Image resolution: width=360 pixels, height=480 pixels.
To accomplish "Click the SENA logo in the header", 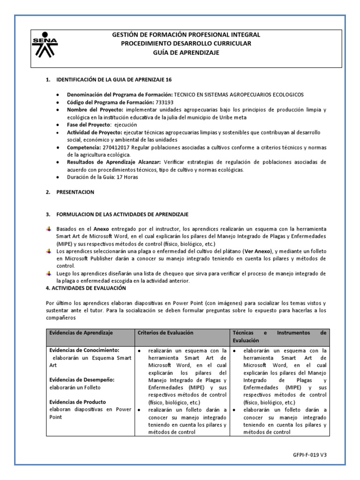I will click(x=45, y=45).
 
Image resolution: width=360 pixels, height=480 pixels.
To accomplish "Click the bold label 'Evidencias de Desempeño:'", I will click(x=82, y=379).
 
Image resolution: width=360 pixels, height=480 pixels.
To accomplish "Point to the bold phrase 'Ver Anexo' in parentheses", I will click(x=259, y=251).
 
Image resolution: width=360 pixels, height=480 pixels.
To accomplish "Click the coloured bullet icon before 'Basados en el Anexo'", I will click(x=49, y=228).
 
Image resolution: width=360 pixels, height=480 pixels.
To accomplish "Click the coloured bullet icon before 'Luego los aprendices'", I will click(x=49, y=273).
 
